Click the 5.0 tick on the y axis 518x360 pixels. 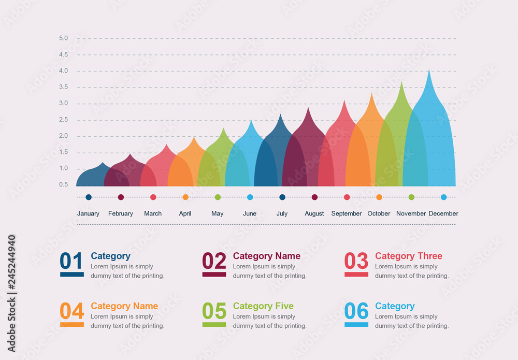(x=63, y=38)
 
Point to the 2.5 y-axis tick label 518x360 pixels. (x=63, y=120)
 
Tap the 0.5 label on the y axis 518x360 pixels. (x=63, y=184)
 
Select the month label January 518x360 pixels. (x=88, y=213)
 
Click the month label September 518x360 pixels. (x=347, y=213)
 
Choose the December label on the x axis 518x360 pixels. (x=443, y=213)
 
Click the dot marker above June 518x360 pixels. (x=250, y=197)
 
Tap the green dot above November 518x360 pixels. (x=411, y=197)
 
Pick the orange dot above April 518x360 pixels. (x=185, y=197)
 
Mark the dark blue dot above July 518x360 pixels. (x=282, y=197)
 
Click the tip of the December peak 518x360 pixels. (x=428, y=70)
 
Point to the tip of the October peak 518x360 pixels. (x=371, y=94)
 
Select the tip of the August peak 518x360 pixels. (x=308, y=108)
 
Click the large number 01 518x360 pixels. (x=71, y=261)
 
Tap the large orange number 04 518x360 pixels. (x=71, y=311)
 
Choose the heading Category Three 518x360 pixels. (x=408, y=256)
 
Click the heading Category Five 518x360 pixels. (x=263, y=306)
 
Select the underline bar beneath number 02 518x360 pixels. (x=214, y=275)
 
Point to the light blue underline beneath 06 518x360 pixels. (x=356, y=325)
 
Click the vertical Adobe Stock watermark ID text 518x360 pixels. (x=11, y=293)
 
